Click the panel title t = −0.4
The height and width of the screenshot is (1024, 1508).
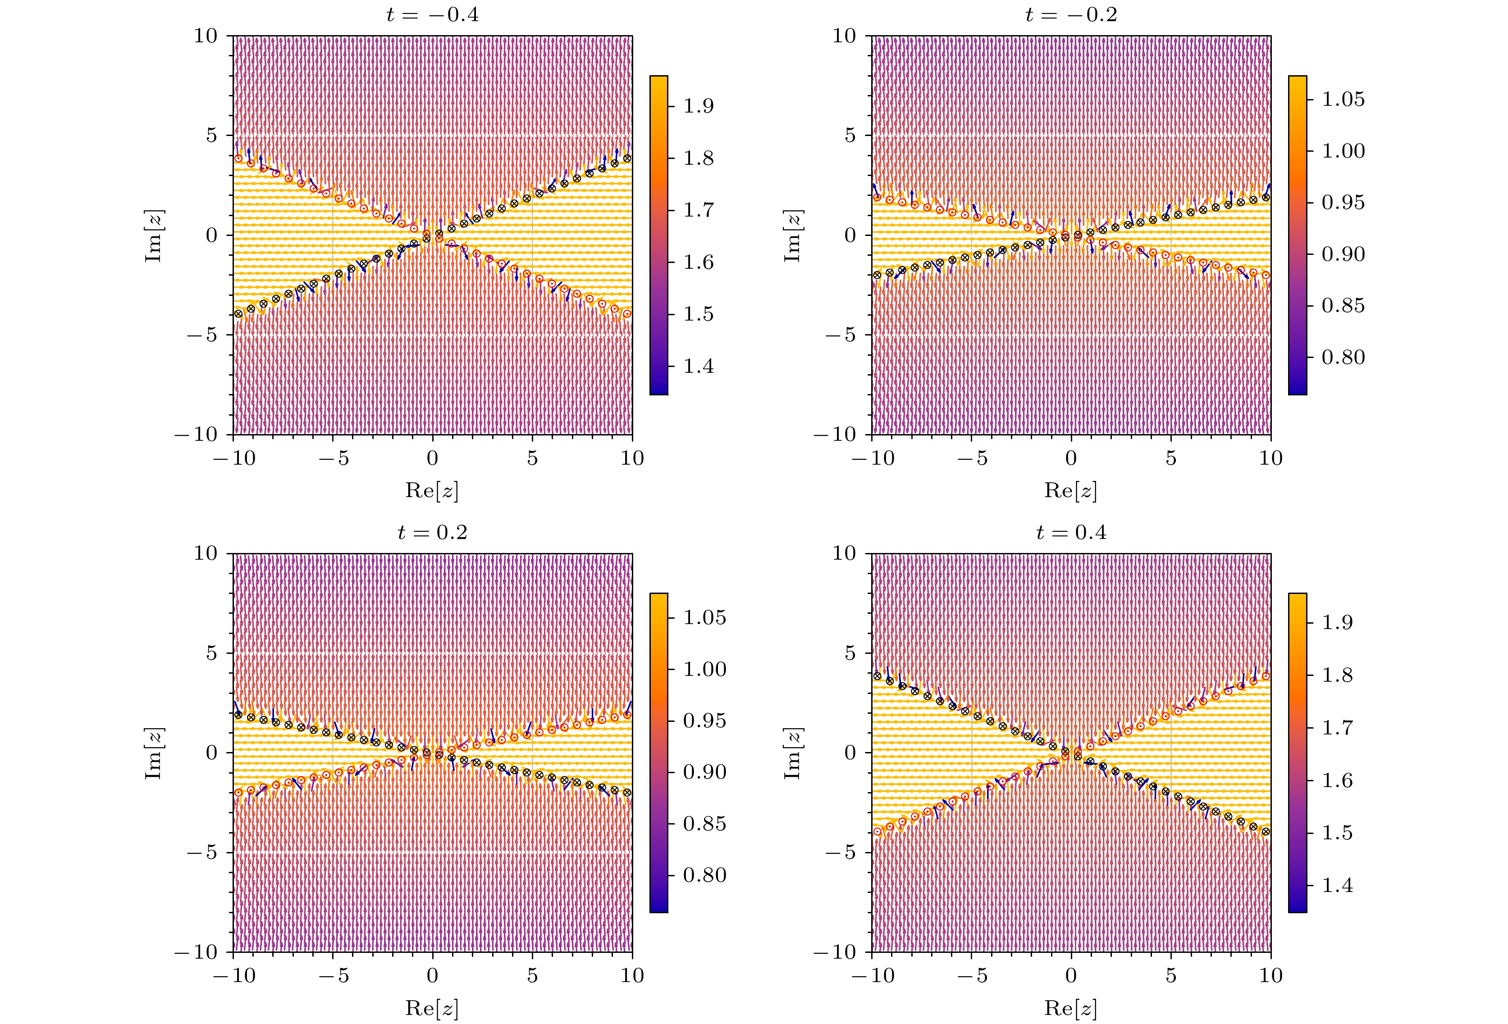coord(432,14)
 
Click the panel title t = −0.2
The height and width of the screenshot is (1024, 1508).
coord(1071,14)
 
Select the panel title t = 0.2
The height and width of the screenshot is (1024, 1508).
coord(432,532)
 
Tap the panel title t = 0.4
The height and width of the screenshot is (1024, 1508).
coord(1071,532)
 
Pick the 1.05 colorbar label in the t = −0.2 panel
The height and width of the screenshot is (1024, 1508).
coord(1343,99)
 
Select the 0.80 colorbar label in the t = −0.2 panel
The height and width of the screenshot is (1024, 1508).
coord(1343,358)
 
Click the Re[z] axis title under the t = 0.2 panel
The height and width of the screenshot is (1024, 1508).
coord(432,1008)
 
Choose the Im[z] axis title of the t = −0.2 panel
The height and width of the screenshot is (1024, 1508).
coord(792,236)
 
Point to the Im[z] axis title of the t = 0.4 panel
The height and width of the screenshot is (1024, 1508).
coord(792,753)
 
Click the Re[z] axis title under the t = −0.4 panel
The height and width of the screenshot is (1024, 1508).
coord(432,490)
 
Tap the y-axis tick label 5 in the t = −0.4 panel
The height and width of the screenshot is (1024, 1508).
coord(212,135)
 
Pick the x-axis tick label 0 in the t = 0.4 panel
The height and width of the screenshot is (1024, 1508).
coord(1071,976)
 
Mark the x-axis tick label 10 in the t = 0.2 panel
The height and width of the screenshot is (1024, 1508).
coord(632,976)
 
